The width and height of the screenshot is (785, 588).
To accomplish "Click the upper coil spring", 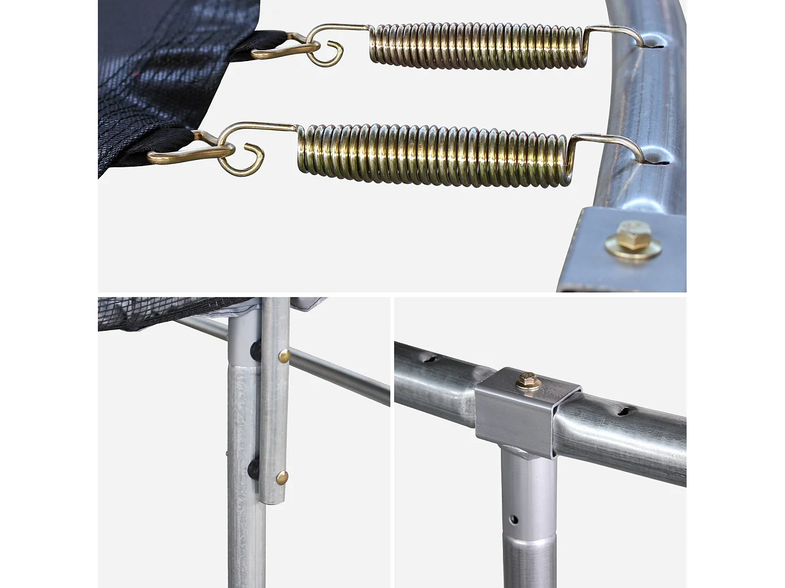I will pos(476,46).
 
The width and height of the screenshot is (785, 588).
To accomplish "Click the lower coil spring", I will pos(432,156).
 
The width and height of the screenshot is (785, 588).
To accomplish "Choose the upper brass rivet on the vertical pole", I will pos(284,356).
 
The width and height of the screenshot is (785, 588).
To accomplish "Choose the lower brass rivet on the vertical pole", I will pos(282,477).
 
